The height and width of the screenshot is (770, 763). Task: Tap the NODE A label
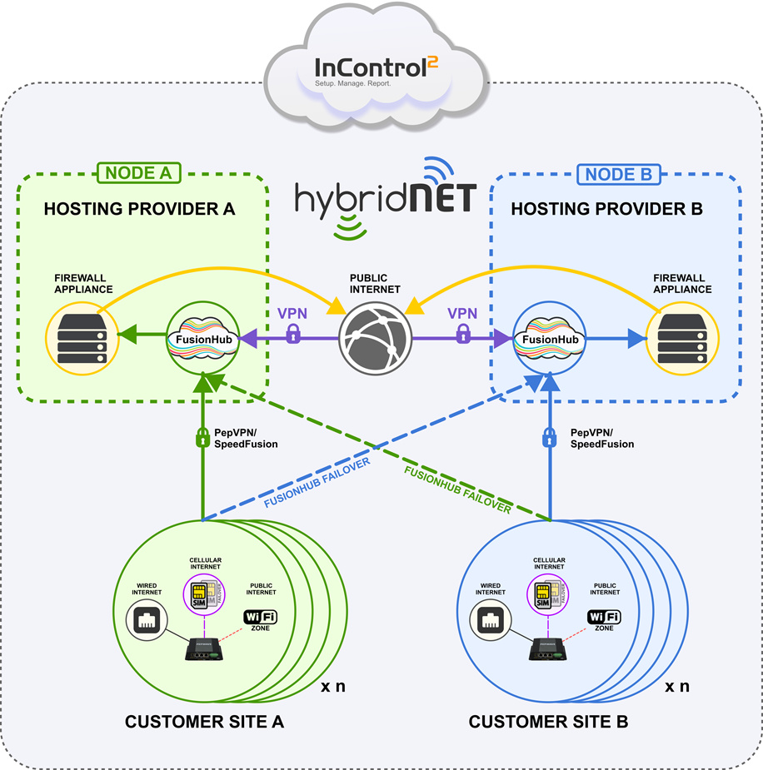click(x=140, y=173)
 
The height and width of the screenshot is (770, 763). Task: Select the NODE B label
click(x=619, y=174)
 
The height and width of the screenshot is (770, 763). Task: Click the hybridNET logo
click(x=385, y=196)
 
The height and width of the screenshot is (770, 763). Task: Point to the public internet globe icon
click(x=376, y=340)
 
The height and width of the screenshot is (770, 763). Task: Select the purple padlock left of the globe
click(x=292, y=335)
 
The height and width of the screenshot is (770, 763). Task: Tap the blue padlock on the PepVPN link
click(x=550, y=437)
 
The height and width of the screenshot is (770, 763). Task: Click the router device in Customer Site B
click(x=549, y=648)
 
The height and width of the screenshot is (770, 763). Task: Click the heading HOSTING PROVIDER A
click(x=140, y=209)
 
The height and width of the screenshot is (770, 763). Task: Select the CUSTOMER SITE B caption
click(x=547, y=722)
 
